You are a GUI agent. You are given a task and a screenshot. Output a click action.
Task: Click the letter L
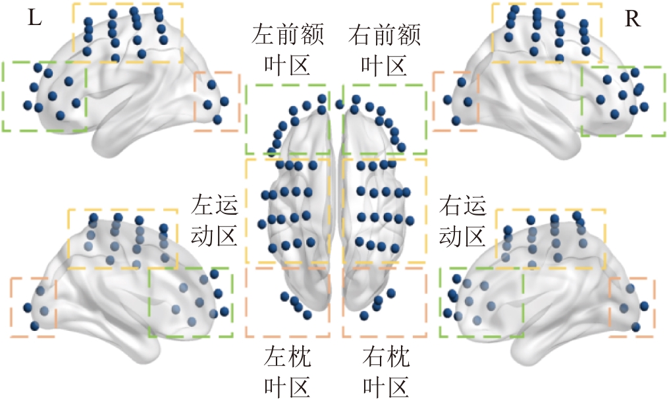[x=35, y=18]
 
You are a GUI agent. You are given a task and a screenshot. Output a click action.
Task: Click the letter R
[x=632, y=19]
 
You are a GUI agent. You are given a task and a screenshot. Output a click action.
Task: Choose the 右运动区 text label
[x=462, y=220]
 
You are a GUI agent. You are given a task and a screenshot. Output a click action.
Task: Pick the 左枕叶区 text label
[x=288, y=372]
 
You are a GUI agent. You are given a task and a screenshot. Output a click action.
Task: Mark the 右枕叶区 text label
[x=385, y=372]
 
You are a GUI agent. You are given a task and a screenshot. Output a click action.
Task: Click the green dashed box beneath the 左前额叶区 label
[x=288, y=119]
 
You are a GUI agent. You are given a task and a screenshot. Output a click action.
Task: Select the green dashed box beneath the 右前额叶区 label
[x=385, y=119]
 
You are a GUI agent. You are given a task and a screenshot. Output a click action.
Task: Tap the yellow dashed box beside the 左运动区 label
[x=288, y=210]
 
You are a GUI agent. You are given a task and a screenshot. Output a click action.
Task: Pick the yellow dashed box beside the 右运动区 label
[x=385, y=210]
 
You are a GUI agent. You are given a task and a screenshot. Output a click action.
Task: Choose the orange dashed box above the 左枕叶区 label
[x=288, y=302]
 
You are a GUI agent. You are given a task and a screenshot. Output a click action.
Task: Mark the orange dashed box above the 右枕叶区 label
[x=385, y=302]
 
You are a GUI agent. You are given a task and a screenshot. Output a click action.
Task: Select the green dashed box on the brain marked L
[x=44, y=96]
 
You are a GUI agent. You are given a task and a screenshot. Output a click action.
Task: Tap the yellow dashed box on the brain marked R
[x=546, y=33]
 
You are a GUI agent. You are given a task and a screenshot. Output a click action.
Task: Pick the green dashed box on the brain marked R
[x=622, y=101]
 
